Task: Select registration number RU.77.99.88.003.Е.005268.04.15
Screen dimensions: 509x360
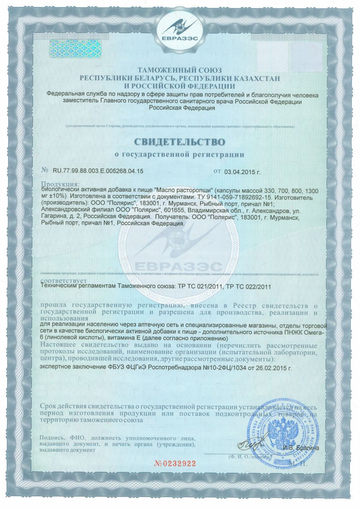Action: click(98, 171)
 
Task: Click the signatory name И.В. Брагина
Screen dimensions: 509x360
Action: click(301, 448)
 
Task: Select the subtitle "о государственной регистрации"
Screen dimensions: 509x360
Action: click(180, 154)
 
